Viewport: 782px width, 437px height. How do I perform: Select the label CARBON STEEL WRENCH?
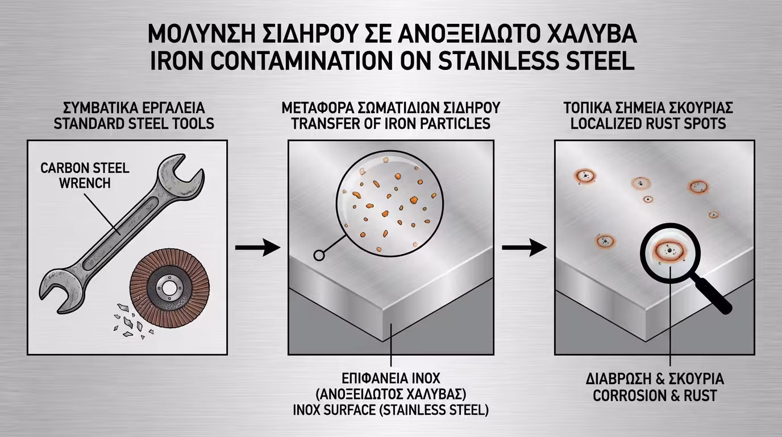point(85,176)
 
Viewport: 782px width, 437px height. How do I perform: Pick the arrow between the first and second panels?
point(257,248)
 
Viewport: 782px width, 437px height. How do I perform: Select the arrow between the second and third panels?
point(523,248)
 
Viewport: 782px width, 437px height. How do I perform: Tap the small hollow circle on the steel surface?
point(319,255)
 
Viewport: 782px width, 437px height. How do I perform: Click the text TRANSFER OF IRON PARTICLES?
point(391,123)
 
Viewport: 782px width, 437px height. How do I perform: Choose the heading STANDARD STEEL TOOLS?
point(134,123)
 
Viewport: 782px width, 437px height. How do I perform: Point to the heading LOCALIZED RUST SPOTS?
point(648,123)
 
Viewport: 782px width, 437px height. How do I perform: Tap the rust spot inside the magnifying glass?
point(670,251)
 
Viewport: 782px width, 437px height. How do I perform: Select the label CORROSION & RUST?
point(655,395)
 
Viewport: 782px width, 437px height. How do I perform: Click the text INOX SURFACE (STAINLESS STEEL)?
point(390,410)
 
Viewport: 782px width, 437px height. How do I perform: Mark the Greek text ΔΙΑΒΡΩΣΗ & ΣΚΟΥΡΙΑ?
point(655,380)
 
